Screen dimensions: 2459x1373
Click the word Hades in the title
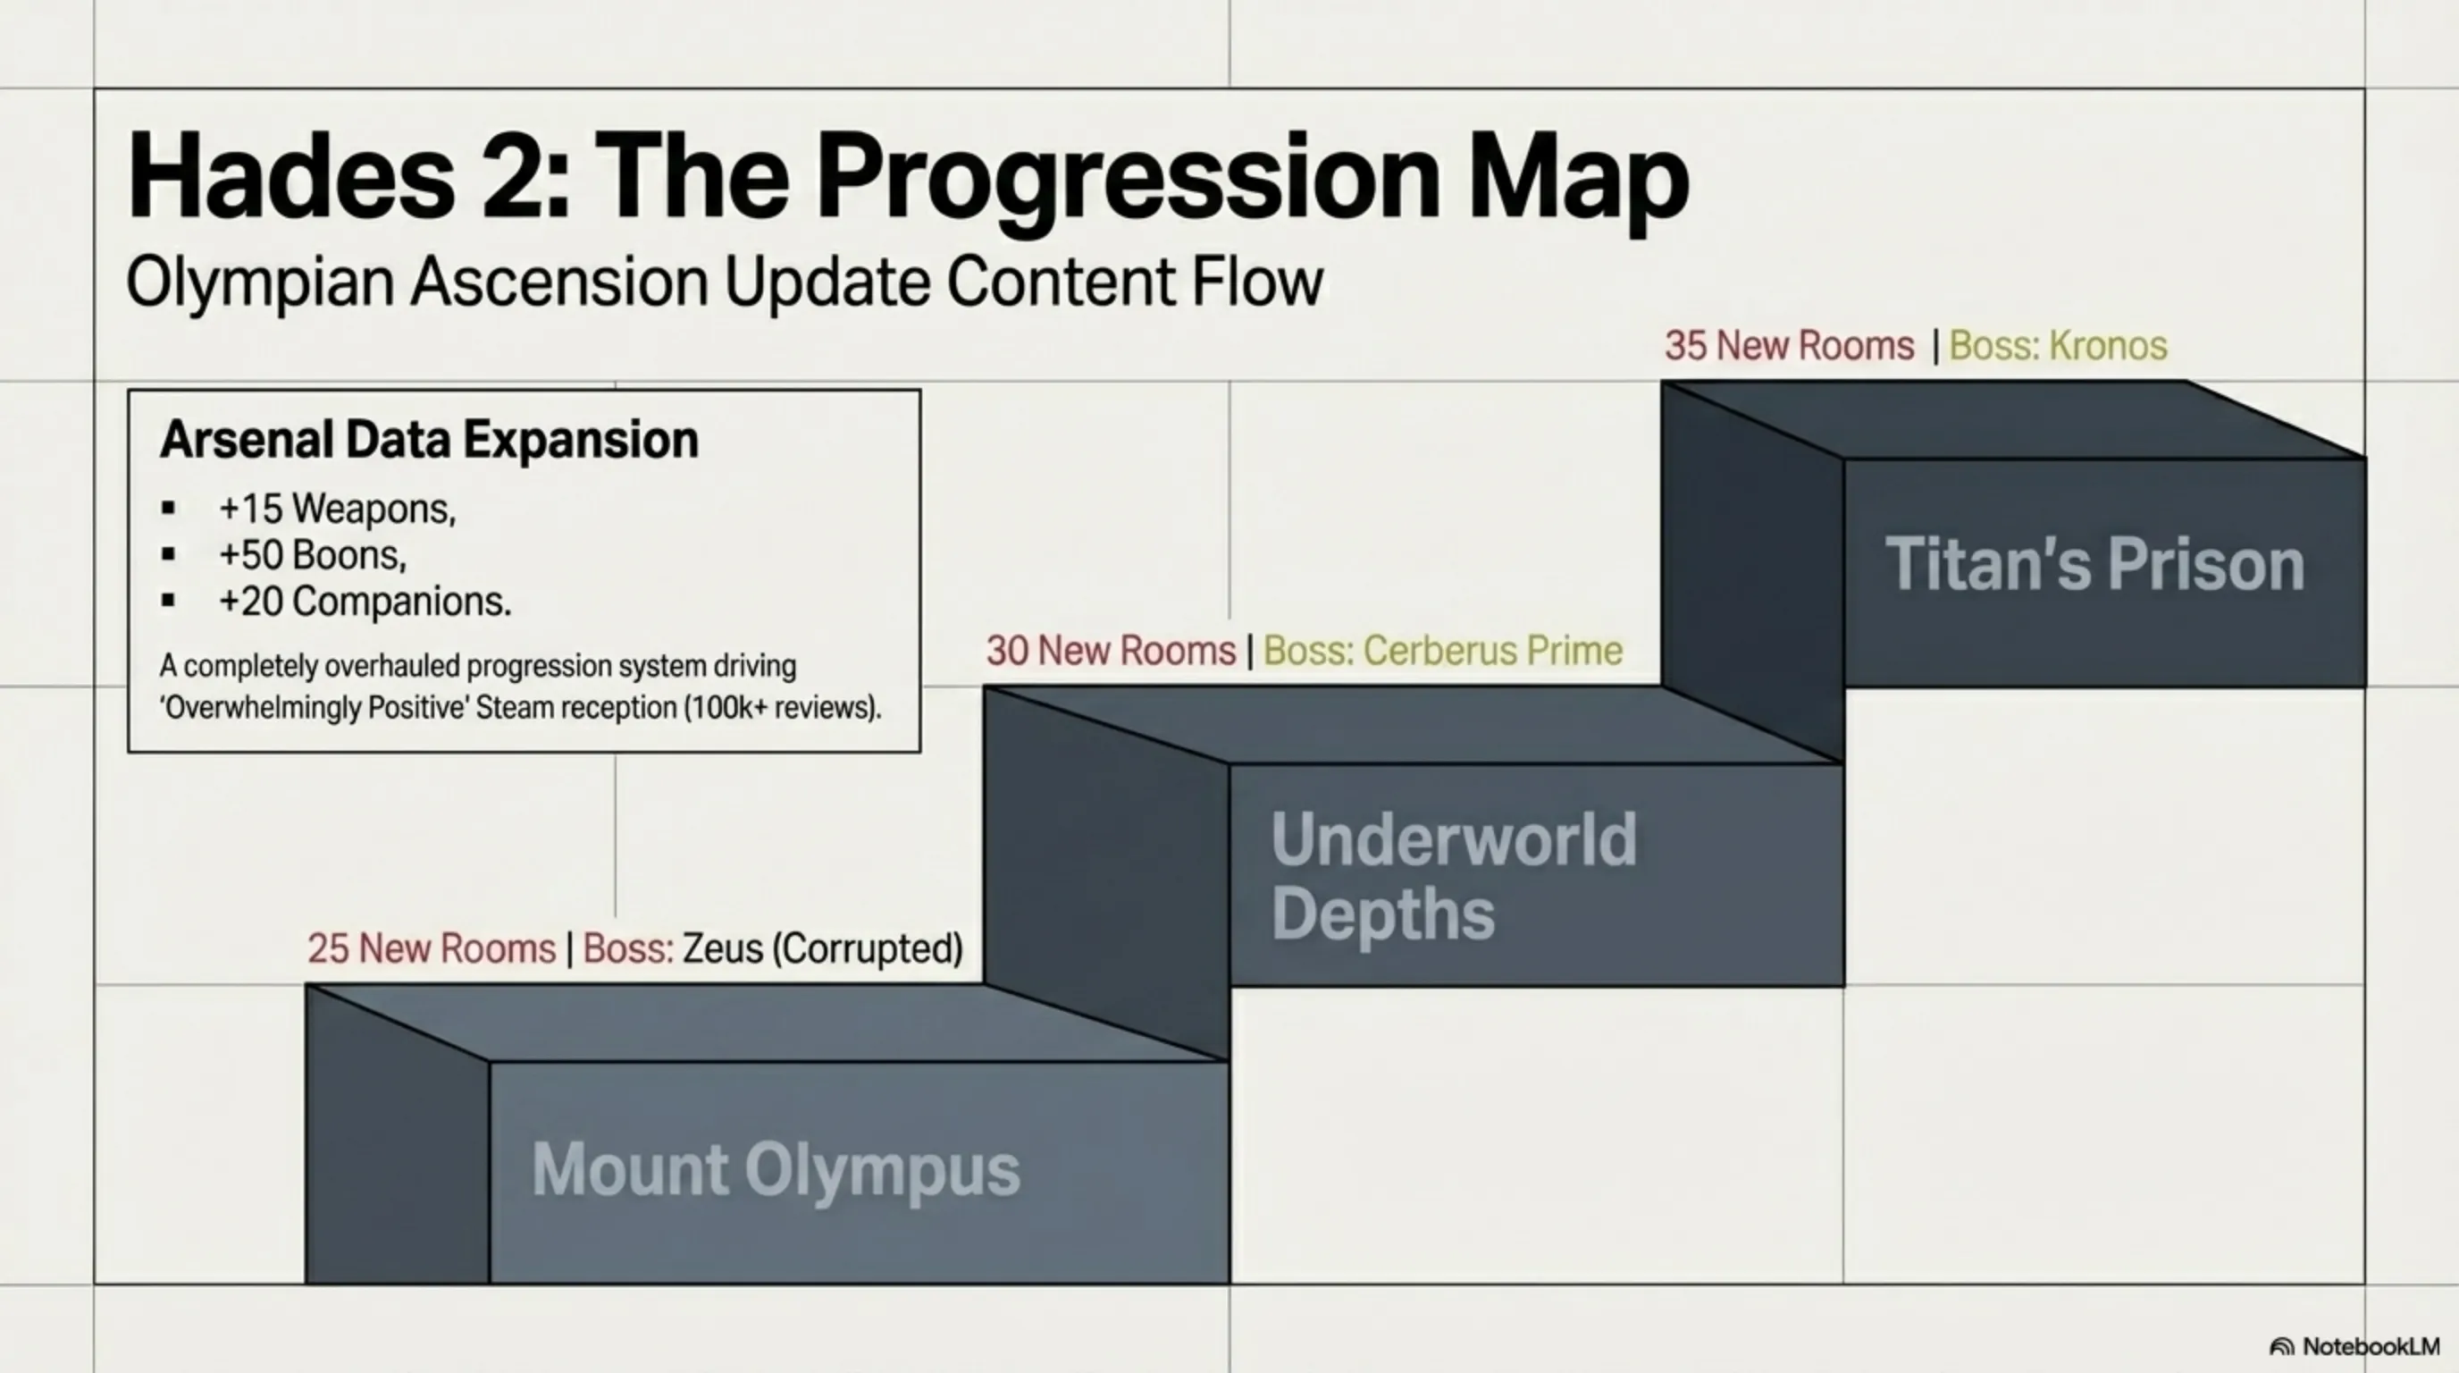(291, 178)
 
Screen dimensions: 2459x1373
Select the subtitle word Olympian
(260, 282)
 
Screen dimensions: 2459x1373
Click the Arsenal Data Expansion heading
(430, 440)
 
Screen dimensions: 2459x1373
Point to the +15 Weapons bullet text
(337, 508)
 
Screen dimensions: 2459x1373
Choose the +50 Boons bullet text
(312, 555)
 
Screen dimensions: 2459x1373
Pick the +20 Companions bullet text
(365, 602)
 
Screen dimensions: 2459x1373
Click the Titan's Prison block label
(2095, 564)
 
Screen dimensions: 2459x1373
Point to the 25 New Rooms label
(432, 949)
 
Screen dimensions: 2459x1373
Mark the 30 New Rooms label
(1112, 651)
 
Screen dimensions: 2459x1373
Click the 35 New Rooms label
(1790, 346)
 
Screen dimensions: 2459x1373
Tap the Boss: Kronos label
(2058, 346)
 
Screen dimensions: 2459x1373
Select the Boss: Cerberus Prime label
(1443, 651)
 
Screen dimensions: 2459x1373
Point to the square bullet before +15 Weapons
(169, 508)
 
